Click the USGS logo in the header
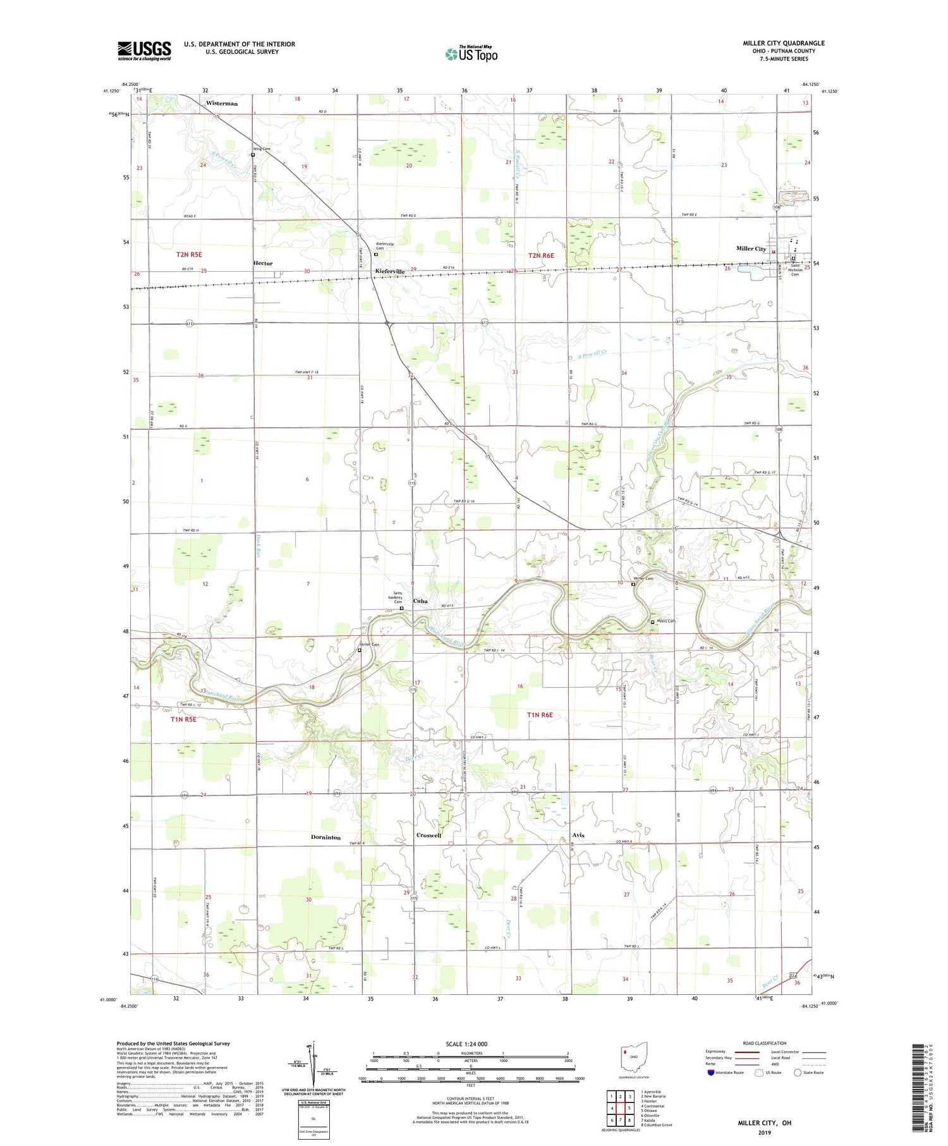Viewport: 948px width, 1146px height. tap(144, 51)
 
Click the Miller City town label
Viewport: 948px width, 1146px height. tap(751, 248)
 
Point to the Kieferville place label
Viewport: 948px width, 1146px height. tap(390, 271)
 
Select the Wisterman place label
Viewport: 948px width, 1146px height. tap(222, 103)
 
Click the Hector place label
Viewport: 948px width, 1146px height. tap(263, 263)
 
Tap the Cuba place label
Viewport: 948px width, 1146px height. tap(420, 601)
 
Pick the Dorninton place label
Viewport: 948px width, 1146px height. tap(325, 838)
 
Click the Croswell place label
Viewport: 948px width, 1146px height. tap(428, 835)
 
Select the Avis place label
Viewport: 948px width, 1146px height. tap(578, 835)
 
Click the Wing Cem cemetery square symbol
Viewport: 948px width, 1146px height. tap(253, 155)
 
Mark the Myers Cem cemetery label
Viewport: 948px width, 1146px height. tap(667, 621)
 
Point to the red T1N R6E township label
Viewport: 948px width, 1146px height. tap(540, 715)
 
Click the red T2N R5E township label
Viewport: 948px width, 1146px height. tap(189, 254)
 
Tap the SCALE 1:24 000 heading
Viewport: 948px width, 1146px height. tap(466, 1044)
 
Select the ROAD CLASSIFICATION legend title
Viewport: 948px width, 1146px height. tap(765, 1043)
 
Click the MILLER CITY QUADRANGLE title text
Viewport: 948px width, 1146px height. tap(783, 43)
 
